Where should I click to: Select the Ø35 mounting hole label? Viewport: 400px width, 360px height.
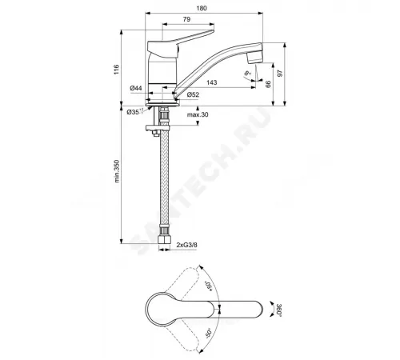coord(134,112)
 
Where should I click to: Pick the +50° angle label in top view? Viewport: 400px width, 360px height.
coord(210,286)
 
